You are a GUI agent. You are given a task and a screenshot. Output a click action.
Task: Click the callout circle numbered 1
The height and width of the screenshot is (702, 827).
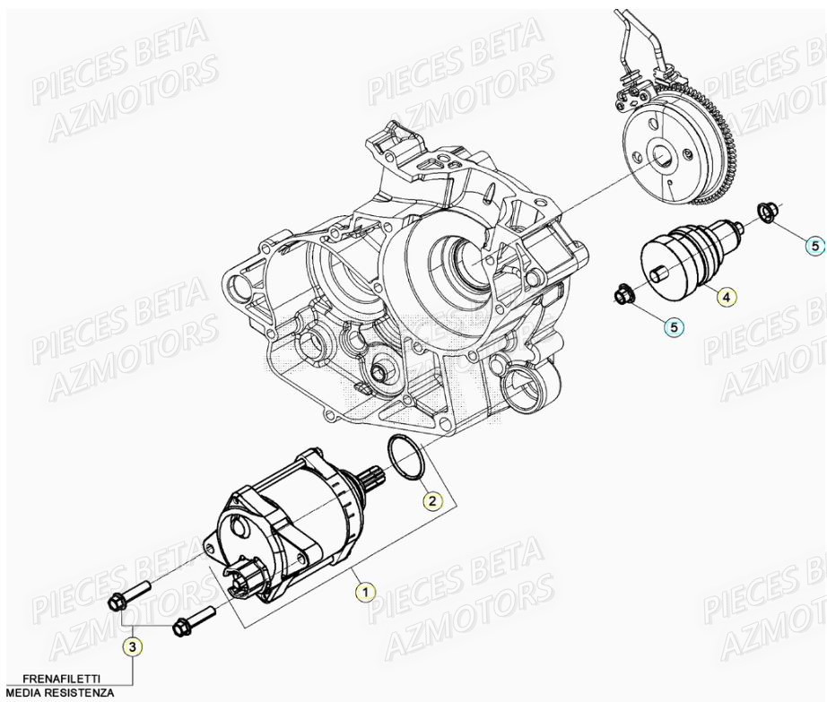(x=364, y=592)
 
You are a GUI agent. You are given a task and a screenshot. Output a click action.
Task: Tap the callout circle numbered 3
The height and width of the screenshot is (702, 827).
(x=132, y=645)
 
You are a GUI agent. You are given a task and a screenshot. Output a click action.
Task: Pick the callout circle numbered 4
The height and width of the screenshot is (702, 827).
(x=726, y=296)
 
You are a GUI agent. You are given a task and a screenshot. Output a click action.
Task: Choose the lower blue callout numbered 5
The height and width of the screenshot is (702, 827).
(x=675, y=328)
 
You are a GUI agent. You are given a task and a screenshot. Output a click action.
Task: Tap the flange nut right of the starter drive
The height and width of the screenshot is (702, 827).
(x=767, y=212)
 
